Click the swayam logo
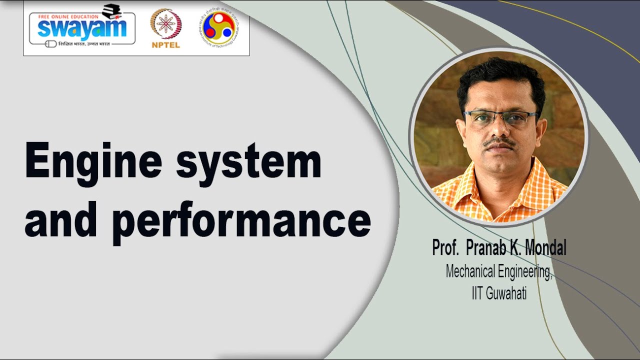click(x=81, y=28)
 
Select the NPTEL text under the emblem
click(x=165, y=45)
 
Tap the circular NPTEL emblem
click(x=165, y=23)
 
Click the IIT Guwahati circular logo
click(x=218, y=27)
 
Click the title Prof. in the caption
click(x=445, y=248)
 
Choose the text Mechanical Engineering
click(x=498, y=272)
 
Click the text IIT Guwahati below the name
click(x=498, y=293)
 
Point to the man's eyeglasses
click(x=499, y=117)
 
